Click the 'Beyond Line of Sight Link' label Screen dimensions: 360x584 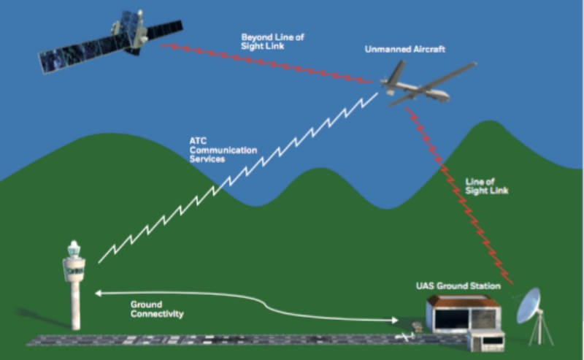[274, 40]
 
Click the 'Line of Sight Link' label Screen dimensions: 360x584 [485, 185]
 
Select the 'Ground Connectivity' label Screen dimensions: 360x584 [157, 308]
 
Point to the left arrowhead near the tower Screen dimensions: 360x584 [97, 294]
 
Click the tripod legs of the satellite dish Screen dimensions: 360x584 [539, 332]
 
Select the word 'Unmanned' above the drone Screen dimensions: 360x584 [387, 50]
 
